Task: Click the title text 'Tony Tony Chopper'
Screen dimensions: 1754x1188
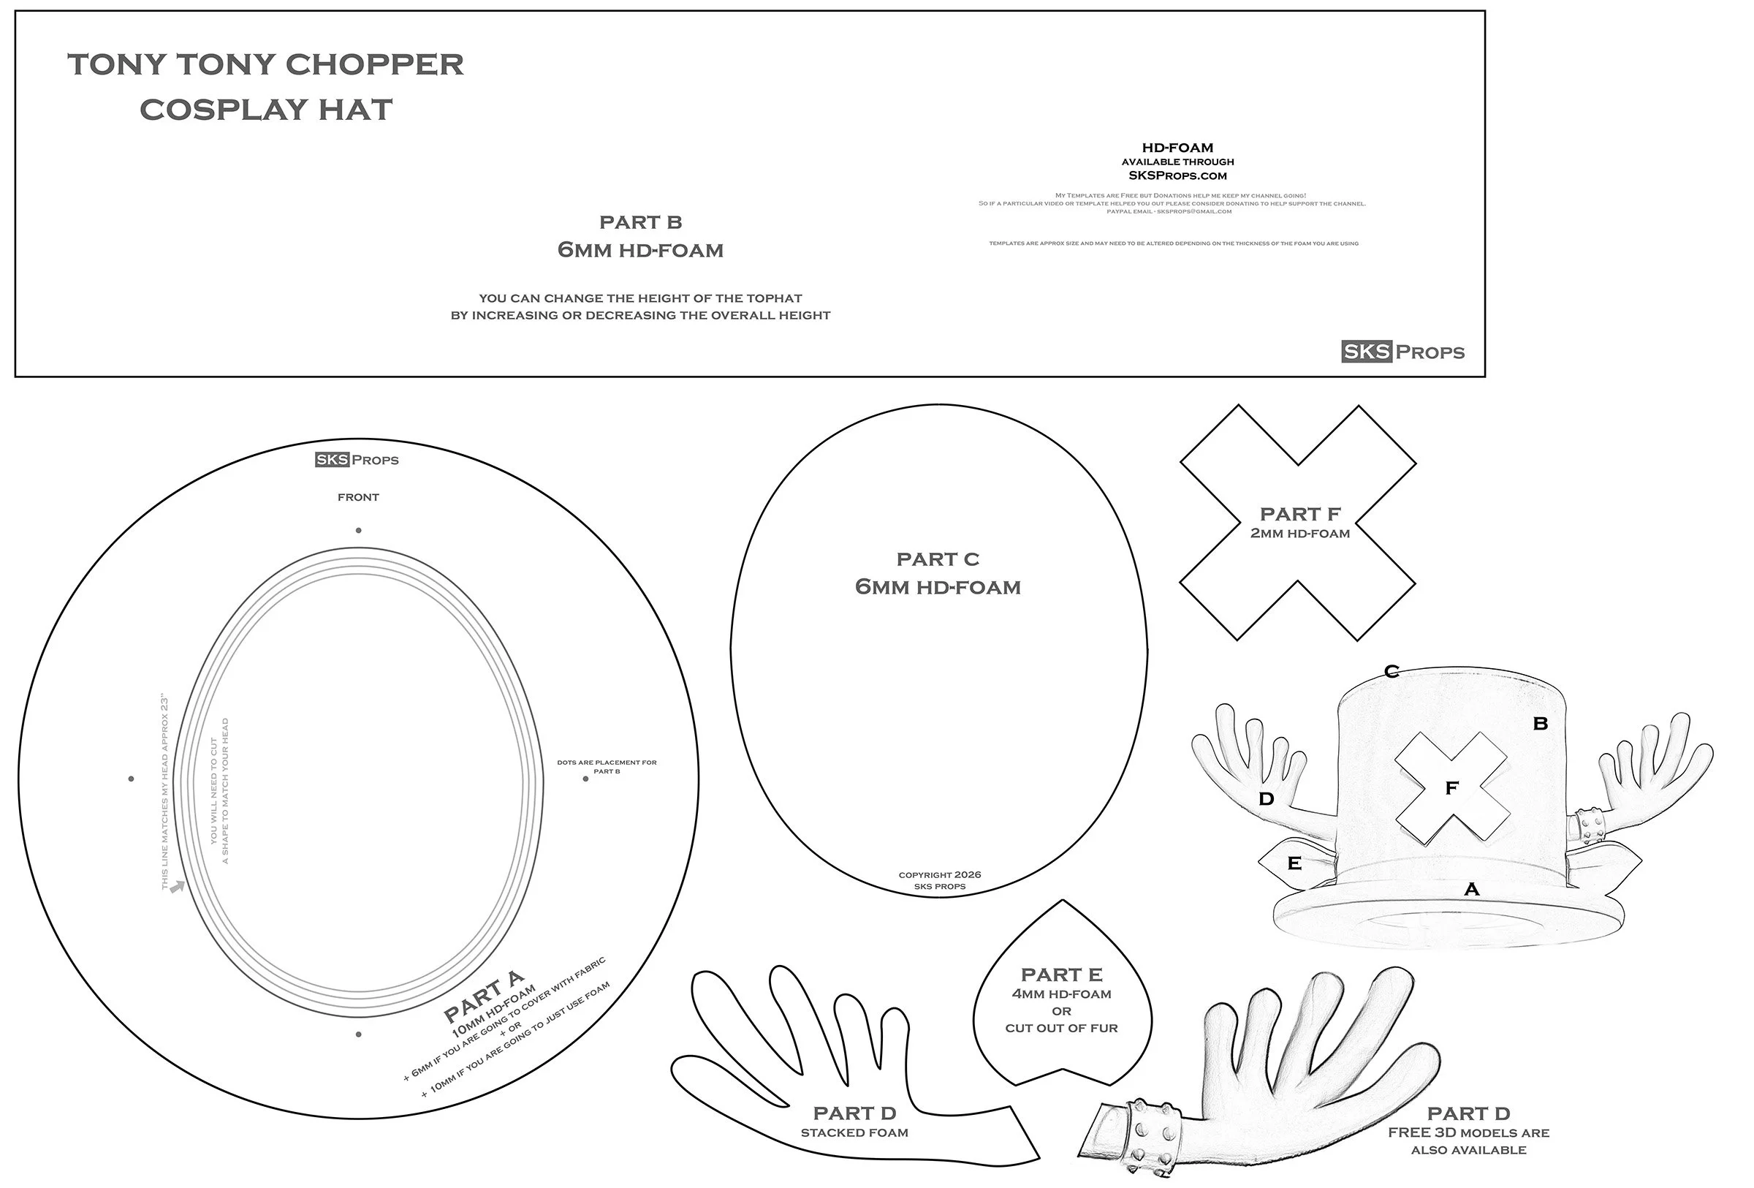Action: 266,65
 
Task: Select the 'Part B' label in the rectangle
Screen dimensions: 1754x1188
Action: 640,223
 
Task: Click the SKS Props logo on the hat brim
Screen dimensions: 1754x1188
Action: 356,460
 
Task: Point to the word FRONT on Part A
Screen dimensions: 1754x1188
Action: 359,497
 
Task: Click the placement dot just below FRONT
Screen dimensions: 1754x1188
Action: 359,531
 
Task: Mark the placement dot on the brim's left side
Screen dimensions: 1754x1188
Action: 132,778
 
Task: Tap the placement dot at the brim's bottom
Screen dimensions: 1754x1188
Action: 359,1034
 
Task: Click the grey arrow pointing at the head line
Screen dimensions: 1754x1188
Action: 178,887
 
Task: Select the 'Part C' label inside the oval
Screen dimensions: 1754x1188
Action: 938,559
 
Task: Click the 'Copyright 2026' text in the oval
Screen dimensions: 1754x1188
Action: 940,875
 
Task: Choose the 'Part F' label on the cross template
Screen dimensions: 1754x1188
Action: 1299,514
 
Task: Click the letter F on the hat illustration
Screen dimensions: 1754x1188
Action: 1451,788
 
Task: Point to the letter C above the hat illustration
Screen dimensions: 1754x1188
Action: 1391,671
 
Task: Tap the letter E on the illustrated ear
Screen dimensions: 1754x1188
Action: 1294,863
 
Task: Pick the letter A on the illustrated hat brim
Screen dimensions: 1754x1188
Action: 1471,889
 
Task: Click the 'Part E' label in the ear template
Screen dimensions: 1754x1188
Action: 1061,975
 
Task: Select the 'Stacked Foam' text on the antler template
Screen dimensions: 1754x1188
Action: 854,1132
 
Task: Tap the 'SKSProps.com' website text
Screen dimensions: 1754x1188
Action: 1177,176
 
